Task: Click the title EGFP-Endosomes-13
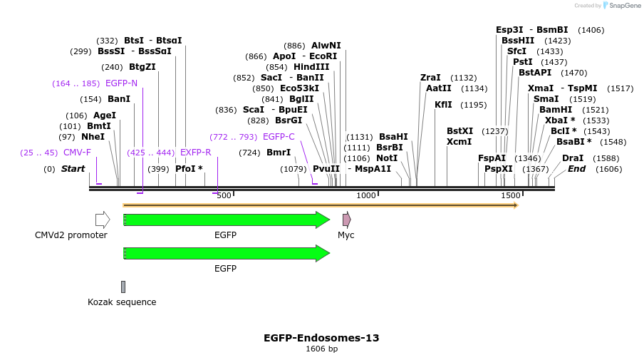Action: tap(321, 338)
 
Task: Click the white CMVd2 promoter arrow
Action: tap(103, 220)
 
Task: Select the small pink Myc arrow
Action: tap(346, 220)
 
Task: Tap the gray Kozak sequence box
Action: tap(123, 287)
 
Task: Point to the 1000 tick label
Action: tap(366, 195)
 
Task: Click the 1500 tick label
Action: tap(511, 195)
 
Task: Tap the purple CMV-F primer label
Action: tap(78, 153)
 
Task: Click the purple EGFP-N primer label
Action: tap(121, 83)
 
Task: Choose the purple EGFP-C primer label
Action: tap(279, 137)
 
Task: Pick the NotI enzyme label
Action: tap(387, 158)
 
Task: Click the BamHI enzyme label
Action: tap(556, 110)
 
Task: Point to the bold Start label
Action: tap(73, 169)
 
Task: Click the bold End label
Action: tap(576, 169)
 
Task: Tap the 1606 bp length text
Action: tap(321, 349)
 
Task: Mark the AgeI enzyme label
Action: tap(105, 115)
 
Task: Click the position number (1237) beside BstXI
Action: tap(495, 131)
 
